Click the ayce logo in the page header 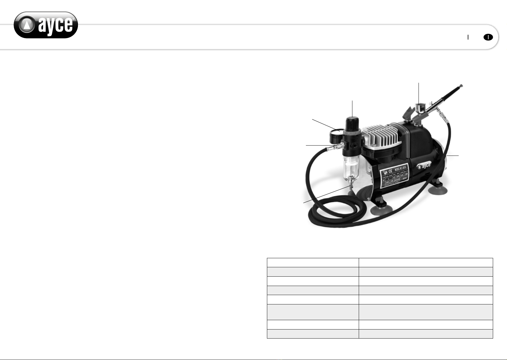tap(46, 25)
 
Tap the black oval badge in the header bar tap(488, 37)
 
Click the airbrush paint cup tap(419, 108)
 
